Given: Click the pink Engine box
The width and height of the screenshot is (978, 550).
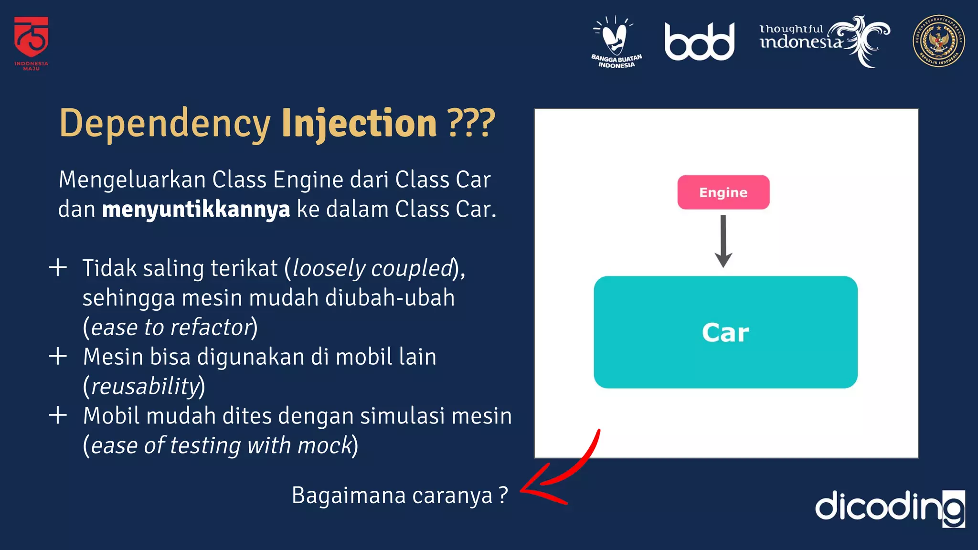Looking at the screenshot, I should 723,192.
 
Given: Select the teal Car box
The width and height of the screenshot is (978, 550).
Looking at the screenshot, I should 725,332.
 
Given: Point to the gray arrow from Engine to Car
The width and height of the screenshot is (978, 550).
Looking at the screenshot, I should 723,241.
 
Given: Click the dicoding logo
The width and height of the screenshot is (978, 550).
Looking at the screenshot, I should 889,507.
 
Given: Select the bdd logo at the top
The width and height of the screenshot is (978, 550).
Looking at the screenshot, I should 699,42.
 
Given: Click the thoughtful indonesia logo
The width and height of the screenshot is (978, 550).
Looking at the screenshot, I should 824,41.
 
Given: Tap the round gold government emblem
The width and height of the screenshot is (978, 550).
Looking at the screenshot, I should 938,41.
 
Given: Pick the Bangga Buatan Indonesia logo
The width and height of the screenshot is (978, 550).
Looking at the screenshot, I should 616,42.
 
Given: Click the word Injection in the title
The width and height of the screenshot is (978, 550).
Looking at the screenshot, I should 359,123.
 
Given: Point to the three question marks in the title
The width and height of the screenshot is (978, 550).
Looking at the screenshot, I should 471,123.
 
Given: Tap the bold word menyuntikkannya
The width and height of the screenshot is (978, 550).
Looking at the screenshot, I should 196,210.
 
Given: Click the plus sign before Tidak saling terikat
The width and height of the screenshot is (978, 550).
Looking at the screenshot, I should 58,267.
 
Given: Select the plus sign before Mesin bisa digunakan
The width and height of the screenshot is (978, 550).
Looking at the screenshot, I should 58,356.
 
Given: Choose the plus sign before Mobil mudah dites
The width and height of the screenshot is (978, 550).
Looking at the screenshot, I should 58,415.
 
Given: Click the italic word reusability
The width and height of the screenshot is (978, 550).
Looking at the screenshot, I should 145,386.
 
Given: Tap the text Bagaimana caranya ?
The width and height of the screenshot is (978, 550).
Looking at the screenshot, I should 399,496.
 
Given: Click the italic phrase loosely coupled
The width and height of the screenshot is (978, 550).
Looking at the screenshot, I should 372,268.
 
